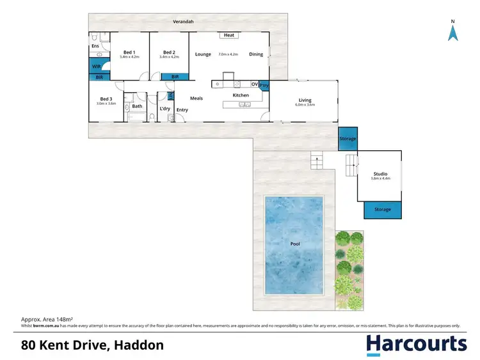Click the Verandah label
[183, 22]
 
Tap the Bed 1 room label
[129, 52]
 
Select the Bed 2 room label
[169, 52]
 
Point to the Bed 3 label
[106, 98]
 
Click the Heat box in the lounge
[229, 36]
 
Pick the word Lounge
[203, 54]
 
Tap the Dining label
[256, 54]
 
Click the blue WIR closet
[97, 67]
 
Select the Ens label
[95, 46]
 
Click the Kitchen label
[241, 95]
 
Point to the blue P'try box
[264, 84]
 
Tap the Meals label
[196, 98]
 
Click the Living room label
[305, 99]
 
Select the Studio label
[380, 174]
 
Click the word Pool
[295, 244]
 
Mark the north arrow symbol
[452, 32]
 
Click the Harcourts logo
[416, 345]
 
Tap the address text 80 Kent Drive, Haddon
[92, 345]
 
